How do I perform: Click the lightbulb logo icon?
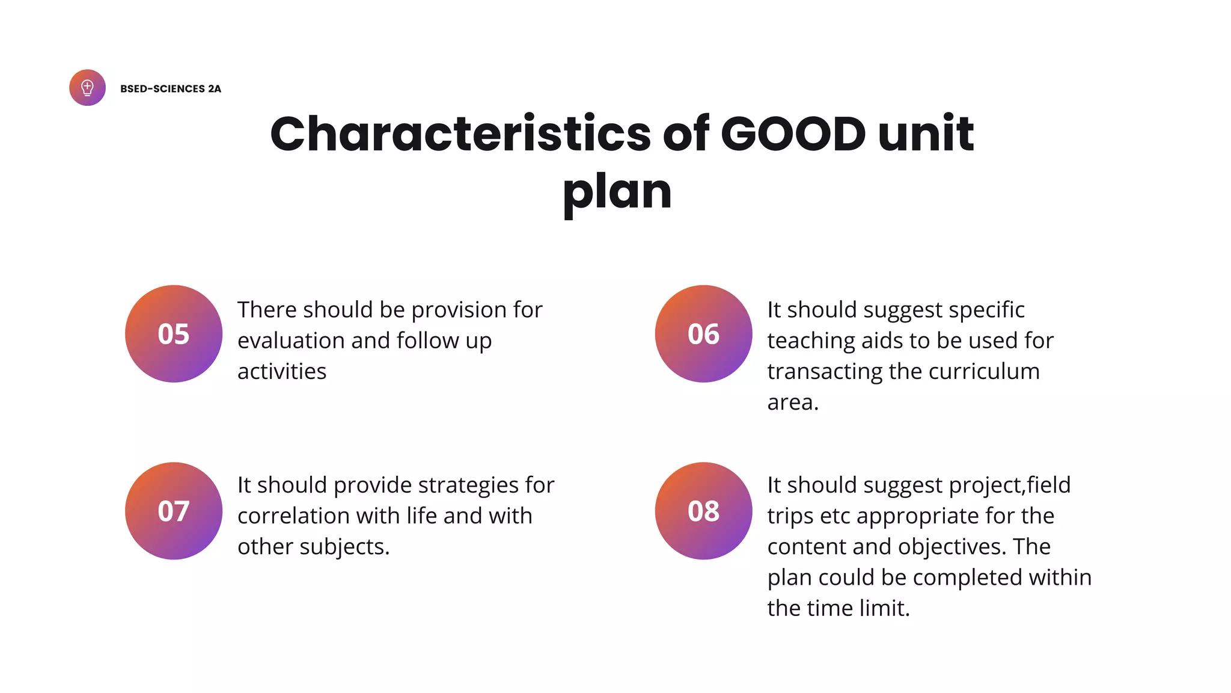click(x=87, y=88)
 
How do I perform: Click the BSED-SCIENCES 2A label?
click(x=171, y=89)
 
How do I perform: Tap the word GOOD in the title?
click(x=793, y=134)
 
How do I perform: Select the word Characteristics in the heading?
click(x=460, y=134)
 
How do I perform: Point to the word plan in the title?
click(x=617, y=192)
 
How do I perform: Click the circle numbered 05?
click(x=174, y=334)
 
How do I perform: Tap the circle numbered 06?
click(x=703, y=334)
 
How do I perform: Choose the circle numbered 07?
click(x=174, y=511)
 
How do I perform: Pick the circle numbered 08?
click(x=703, y=511)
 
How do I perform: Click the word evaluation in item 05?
click(x=291, y=341)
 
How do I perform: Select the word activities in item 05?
click(x=282, y=372)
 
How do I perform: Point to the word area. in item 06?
click(x=793, y=402)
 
